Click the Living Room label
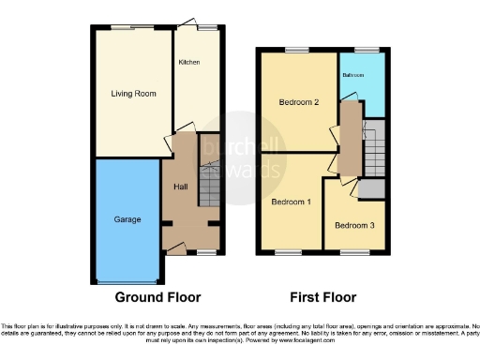coord(132,94)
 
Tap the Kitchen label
coord(189,62)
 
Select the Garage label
coord(127,219)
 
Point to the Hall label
coord(181,187)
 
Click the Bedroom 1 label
coord(292,202)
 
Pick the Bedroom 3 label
coord(353,226)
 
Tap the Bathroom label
coord(352,74)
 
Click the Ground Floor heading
coord(157,298)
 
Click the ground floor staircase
coord(210,183)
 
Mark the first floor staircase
coord(373,150)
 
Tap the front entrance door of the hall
coord(174,247)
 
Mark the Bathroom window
coord(360,50)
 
